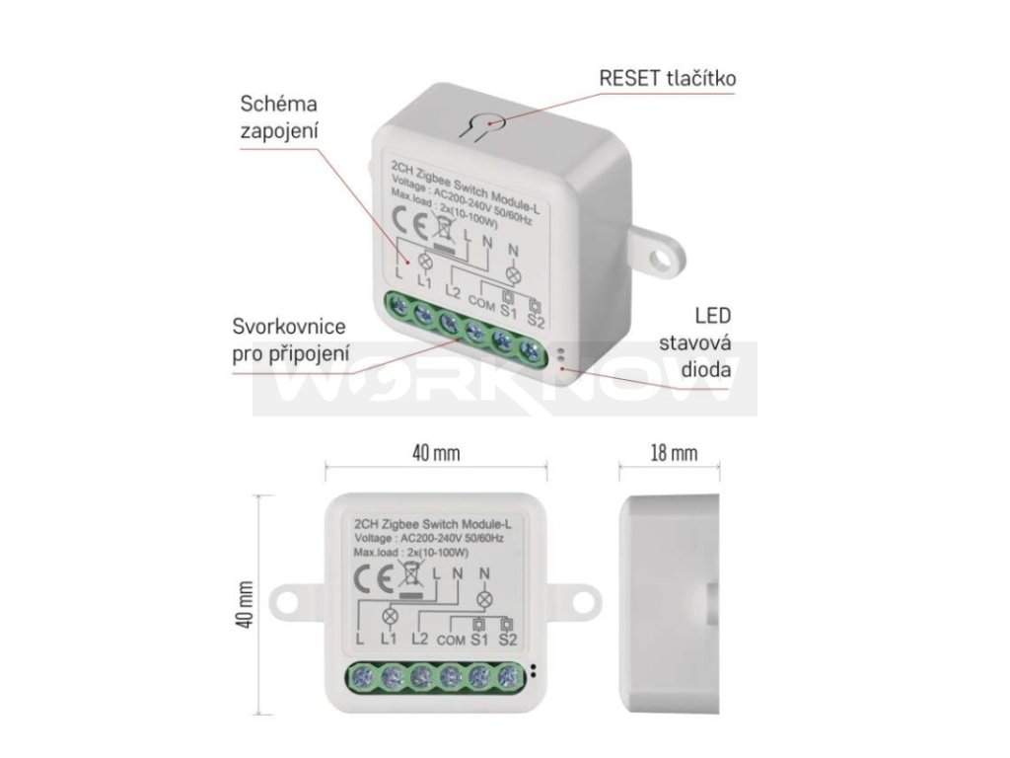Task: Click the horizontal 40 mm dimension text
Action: (434, 453)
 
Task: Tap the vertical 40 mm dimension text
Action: (247, 603)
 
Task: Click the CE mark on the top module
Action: (405, 220)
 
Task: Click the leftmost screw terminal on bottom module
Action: (363, 677)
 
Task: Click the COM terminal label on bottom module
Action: (449, 642)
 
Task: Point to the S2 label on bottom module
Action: (508, 641)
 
